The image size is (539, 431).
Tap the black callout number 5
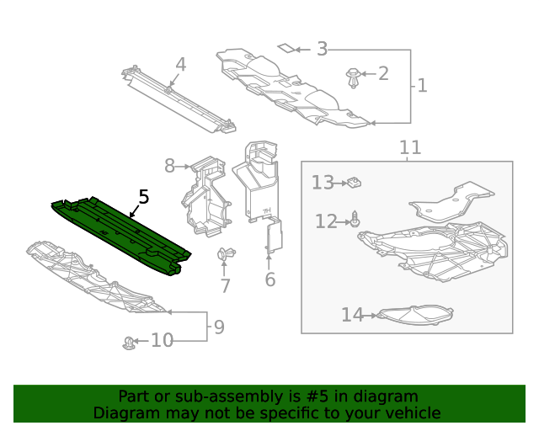pyautogui.click(x=144, y=197)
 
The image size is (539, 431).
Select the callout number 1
pyautogui.click(x=422, y=85)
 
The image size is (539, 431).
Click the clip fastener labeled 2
pyautogui.click(x=355, y=79)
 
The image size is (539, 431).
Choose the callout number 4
pyautogui.click(x=180, y=65)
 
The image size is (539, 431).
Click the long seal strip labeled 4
pyautogui.click(x=177, y=99)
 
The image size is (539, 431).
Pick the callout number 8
pyautogui.click(x=169, y=166)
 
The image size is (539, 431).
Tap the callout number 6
pyautogui.click(x=269, y=279)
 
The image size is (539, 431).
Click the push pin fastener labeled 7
pyautogui.click(x=226, y=255)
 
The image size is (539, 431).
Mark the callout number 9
pyautogui.click(x=219, y=327)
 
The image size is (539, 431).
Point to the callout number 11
pyautogui.click(x=410, y=148)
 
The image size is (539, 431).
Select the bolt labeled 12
pyautogui.click(x=355, y=220)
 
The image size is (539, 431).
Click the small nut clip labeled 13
pyautogui.click(x=355, y=181)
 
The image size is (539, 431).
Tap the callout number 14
pyautogui.click(x=352, y=315)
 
